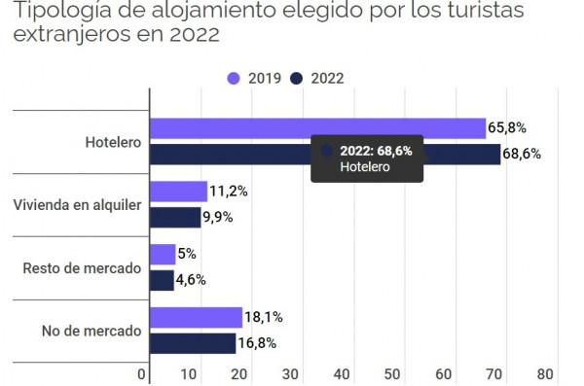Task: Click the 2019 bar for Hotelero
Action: pyautogui.click(x=317, y=128)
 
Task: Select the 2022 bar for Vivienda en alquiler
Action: pyautogui.click(x=175, y=218)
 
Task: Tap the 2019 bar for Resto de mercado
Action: pyautogui.click(x=163, y=254)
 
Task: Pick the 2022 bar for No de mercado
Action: pyautogui.click(x=193, y=343)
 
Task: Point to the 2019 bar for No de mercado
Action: pyautogui.click(x=197, y=318)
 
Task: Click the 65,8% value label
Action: pyautogui.click(x=507, y=128)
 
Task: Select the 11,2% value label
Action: pyautogui.click(x=229, y=192)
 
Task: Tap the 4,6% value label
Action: pyautogui.click(x=191, y=280)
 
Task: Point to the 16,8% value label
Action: pyautogui.click(x=257, y=343)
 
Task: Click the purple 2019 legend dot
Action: pyautogui.click(x=234, y=79)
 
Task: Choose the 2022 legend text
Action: pyautogui.click(x=327, y=79)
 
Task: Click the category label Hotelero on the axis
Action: pyautogui.click(x=113, y=142)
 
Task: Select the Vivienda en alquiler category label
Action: pyautogui.click(x=78, y=205)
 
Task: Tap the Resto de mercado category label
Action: pyautogui.click(x=82, y=268)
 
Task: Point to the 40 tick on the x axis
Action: pyautogui.click(x=342, y=374)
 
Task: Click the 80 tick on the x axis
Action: pyautogui.click(x=545, y=374)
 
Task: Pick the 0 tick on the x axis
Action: pyautogui.click(x=141, y=374)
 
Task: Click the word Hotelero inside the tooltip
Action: pyautogui.click(x=365, y=167)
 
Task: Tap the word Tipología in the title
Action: pyautogui.click(x=62, y=11)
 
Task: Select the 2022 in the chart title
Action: pyautogui.click(x=195, y=34)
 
